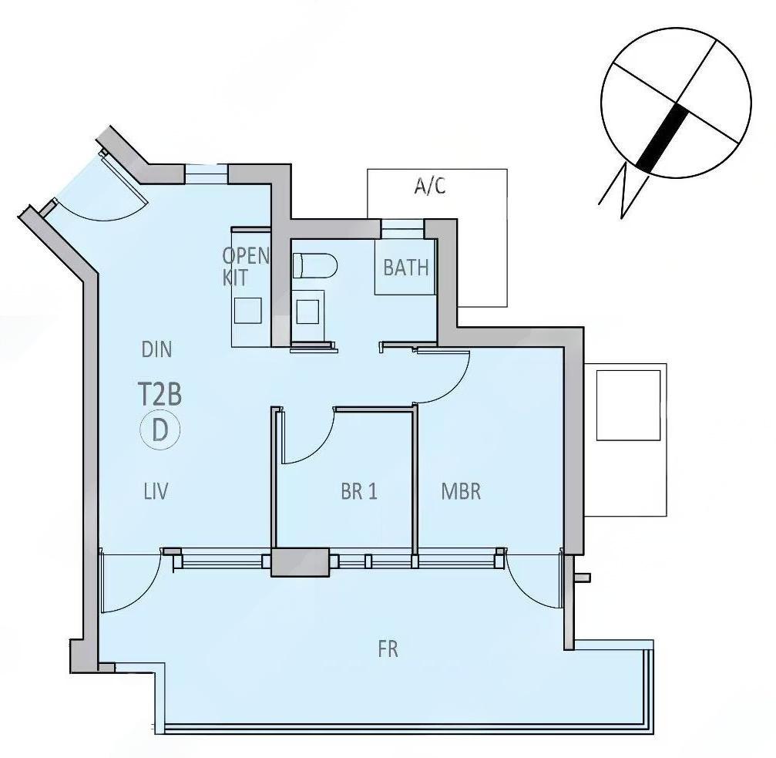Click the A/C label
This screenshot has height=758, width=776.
[430, 186]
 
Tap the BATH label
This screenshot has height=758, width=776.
[406, 268]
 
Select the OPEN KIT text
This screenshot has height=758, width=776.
[246, 266]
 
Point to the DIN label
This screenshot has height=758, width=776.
[157, 349]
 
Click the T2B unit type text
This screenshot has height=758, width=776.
[160, 394]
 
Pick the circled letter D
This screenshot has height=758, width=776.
[160, 430]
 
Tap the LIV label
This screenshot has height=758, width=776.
[156, 492]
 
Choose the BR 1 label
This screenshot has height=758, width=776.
[359, 492]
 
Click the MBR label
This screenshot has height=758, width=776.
[461, 492]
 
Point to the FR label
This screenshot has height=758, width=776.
[388, 649]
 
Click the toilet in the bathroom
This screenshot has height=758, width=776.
[315, 265]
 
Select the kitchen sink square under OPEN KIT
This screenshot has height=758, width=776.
[247, 311]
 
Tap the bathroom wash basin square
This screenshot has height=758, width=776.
[307, 312]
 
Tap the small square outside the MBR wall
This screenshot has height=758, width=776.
[628, 405]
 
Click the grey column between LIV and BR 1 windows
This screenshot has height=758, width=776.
[300, 562]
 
